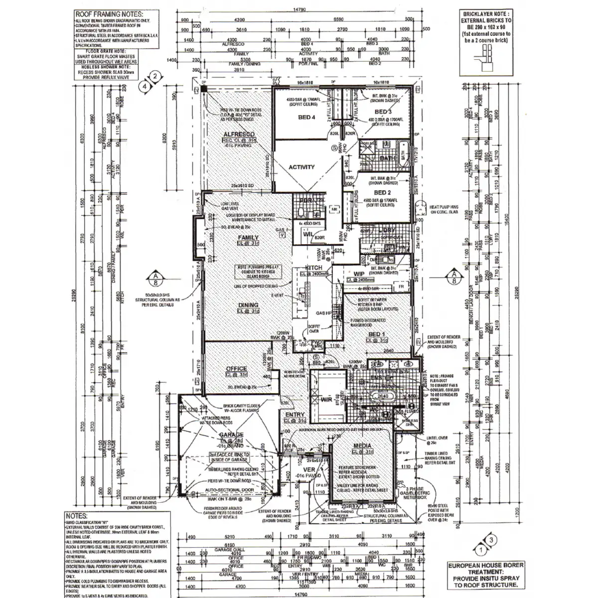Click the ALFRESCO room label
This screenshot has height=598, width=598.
coord(239,135)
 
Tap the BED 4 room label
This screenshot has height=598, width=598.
coord(307,118)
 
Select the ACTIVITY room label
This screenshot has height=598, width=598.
coord(301,167)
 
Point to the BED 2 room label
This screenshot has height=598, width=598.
coord(381,192)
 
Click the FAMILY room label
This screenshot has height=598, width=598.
coord(248,238)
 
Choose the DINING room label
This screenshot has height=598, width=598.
coord(248,305)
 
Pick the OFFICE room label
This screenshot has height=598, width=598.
coord(236,369)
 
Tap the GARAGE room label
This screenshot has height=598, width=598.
coord(231,435)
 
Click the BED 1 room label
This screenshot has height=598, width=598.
coord(377,333)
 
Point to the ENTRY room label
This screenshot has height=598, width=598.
coord(295,415)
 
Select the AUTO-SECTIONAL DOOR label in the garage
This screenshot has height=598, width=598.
coord(230,490)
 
